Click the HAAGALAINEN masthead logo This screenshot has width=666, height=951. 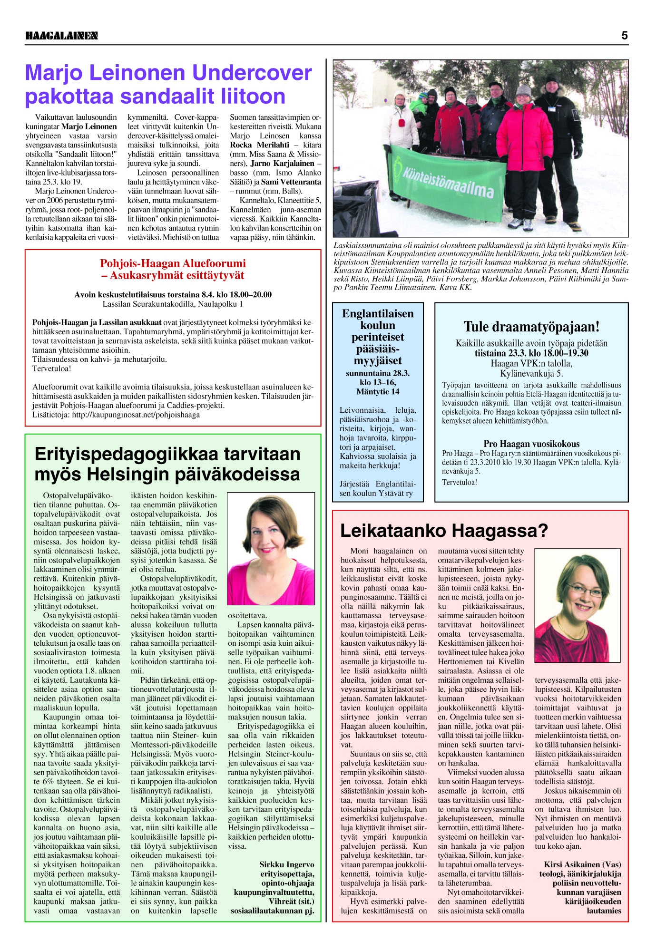[x=61, y=36]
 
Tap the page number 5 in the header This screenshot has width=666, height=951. [x=624, y=35]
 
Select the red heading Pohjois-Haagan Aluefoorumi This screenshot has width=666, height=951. [x=173, y=263]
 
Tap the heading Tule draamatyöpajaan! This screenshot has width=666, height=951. [x=531, y=327]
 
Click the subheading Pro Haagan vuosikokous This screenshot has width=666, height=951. [x=531, y=444]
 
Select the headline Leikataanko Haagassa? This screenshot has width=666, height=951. [x=444, y=530]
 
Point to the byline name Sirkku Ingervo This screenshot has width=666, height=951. [x=286, y=864]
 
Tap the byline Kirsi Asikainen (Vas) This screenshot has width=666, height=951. [x=582, y=864]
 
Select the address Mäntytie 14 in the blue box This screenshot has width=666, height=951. [x=378, y=392]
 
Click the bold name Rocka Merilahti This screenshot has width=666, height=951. [x=259, y=145]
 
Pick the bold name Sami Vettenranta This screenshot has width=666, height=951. [x=291, y=182]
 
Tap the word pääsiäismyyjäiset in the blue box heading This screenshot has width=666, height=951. [x=378, y=355]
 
